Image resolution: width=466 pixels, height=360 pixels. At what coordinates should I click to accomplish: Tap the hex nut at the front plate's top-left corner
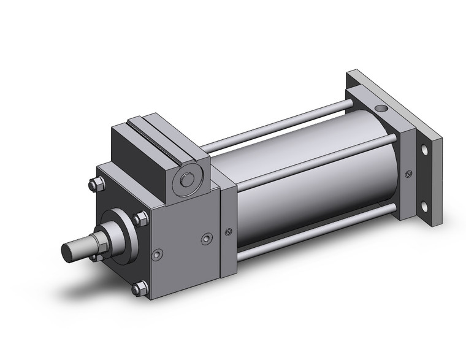point(94,182)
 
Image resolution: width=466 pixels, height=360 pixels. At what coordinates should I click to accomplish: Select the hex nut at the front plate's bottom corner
point(140,287)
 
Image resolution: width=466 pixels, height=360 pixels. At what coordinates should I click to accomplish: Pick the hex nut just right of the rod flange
point(140,218)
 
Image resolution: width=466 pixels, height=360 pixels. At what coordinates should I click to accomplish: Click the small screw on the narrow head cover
point(229,231)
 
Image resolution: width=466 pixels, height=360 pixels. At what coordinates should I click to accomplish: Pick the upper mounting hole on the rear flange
point(424,150)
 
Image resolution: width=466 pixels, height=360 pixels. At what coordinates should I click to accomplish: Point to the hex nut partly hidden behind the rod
point(94,256)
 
